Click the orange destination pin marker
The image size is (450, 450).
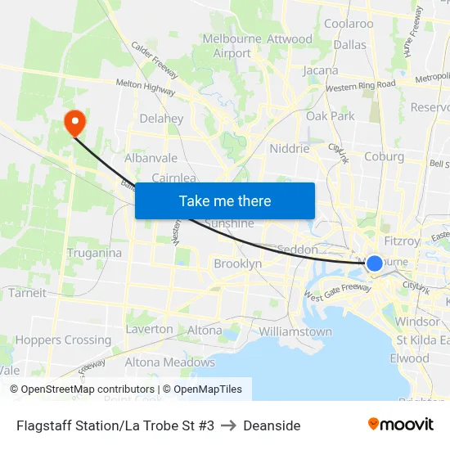[x=74, y=122]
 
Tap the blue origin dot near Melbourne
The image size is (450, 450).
[x=374, y=263]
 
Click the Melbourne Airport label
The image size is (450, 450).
[x=232, y=46]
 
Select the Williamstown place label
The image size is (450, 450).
[x=295, y=331]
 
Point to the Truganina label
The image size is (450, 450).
[x=94, y=253]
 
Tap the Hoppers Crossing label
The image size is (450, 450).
[x=63, y=340]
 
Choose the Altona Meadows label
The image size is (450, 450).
[x=169, y=362]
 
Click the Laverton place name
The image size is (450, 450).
[x=149, y=329]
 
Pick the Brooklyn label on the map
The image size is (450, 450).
[x=237, y=263]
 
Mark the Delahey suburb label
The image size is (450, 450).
[x=161, y=119]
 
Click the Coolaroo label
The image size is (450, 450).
[x=349, y=24]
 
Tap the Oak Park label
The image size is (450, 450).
[x=330, y=116]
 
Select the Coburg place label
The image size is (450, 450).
[x=384, y=156]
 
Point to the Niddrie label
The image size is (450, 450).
[x=290, y=148]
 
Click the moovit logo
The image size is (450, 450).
[x=400, y=424]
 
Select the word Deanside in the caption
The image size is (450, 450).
[x=272, y=425]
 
